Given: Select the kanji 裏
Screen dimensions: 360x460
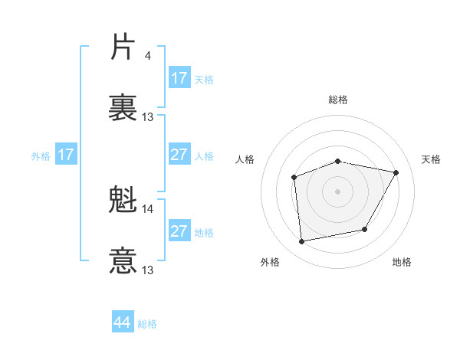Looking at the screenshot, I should [x=123, y=107].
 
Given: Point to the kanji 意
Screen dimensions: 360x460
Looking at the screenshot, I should [x=123, y=260].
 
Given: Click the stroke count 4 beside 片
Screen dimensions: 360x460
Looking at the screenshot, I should [x=148, y=56].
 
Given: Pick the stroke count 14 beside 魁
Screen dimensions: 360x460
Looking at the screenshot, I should [x=148, y=208].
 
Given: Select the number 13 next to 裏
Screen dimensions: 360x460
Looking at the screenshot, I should [x=148, y=117].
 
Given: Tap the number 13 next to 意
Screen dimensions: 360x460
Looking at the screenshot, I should [x=148, y=270].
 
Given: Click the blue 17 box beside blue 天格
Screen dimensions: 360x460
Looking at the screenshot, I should [x=179, y=78].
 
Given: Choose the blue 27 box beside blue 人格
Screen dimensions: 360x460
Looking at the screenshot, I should [x=179, y=155].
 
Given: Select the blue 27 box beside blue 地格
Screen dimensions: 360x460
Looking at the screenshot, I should [x=179, y=231].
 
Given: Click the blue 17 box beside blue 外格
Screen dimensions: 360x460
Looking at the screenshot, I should [x=66, y=155].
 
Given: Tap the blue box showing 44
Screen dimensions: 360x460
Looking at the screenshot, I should [x=123, y=322].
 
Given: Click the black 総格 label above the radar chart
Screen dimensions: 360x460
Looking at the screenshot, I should [x=338, y=100].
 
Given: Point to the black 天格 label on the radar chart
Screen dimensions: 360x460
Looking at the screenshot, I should [x=431, y=159].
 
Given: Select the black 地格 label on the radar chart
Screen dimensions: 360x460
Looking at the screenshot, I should [x=402, y=262].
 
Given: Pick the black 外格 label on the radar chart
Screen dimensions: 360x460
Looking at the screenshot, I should [x=270, y=262].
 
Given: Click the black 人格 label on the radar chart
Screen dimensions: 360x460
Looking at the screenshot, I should [x=245, y=159].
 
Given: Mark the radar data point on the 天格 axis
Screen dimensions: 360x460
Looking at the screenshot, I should [x=396, y=172].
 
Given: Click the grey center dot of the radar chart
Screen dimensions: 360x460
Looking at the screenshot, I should [x=337, y=191].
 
